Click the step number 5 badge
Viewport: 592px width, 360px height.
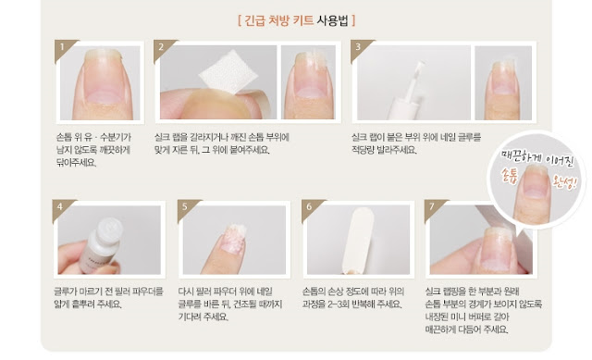pyautogui.click(x=185, y=205)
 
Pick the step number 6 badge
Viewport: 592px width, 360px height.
pyautogui.click(x=307, y=205)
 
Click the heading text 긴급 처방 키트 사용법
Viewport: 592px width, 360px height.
pyautogui.click(x=296, y=19)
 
